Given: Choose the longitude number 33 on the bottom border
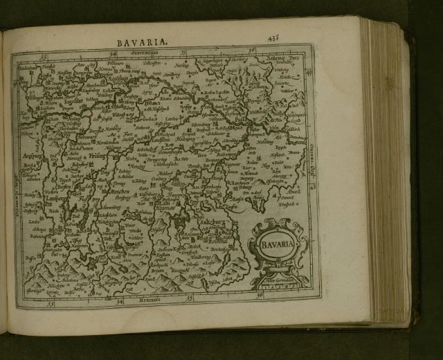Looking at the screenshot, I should tap(49, 303).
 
